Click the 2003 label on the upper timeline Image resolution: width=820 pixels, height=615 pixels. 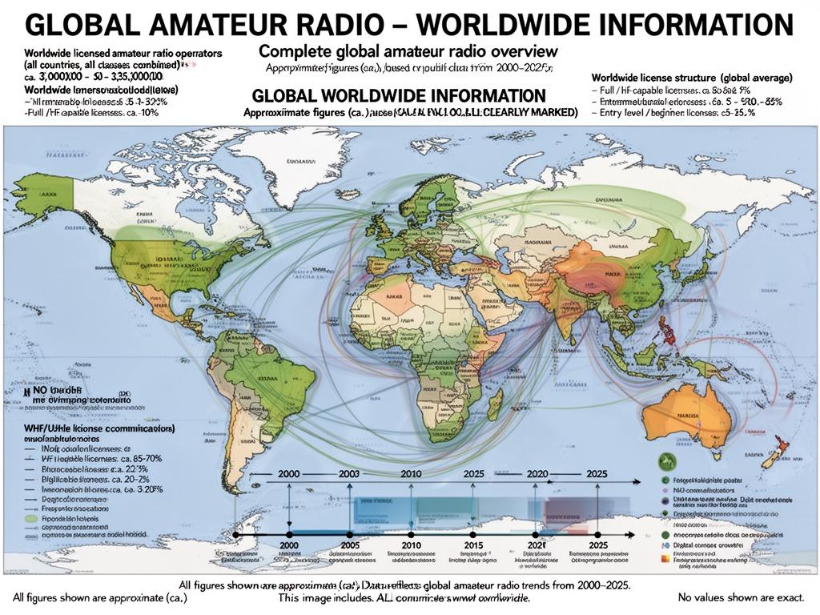pos(350,473)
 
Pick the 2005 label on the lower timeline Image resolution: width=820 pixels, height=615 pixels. pos(350,545)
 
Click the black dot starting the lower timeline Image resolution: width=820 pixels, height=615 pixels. pos(236,534)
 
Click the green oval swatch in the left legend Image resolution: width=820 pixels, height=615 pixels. pos(30,518)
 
